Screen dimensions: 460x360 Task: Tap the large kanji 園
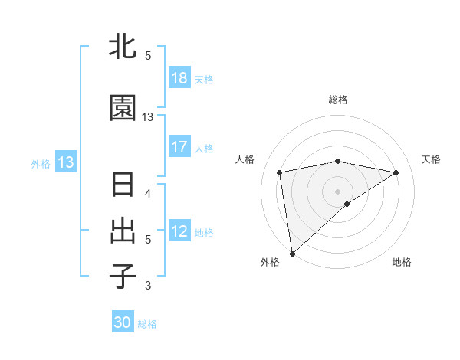[x=123, y=109]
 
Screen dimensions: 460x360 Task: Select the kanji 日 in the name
[x=123, y=186]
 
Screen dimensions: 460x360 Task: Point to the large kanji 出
[x=123, y=231]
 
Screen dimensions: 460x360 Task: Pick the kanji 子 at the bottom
[x=123, y=277]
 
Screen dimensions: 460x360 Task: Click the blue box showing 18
[x=179, y=79]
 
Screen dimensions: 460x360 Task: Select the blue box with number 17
[x=179, y=147]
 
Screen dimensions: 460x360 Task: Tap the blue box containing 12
[x=179, y=231]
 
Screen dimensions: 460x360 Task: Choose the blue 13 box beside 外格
[x=65, y=162]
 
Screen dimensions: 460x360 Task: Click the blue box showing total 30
[x=123, y=322]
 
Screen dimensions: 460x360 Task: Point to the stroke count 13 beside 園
[x=148, y=117]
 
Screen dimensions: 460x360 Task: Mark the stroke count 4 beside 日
[x=148, y=194]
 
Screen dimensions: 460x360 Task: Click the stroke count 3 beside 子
[x=148, y=286]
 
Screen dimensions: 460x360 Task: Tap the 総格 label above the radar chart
[x=338, y=100]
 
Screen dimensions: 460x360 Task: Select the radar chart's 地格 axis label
[x=402, y=263]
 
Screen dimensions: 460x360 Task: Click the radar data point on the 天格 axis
[x=396, y=172]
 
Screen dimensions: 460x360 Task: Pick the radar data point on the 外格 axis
[x=292, y=254]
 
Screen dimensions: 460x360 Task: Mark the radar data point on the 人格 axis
[x=280, y=172]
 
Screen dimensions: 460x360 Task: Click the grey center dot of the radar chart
[x=338, y=191]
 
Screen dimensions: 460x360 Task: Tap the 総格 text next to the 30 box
[x=147, y=324]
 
